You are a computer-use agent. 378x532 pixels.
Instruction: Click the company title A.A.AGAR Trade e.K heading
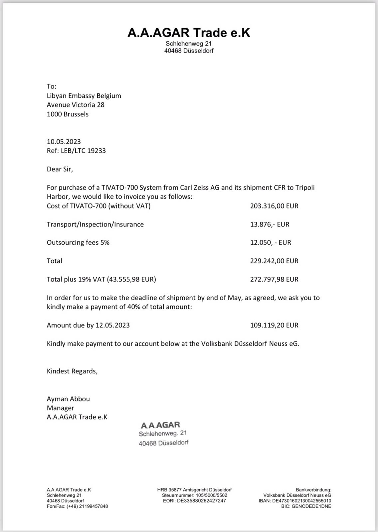click(x=189, y=33)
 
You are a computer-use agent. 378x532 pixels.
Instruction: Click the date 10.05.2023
click(x=64, y=141)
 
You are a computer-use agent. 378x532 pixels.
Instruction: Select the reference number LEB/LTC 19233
click(x=83, y=151)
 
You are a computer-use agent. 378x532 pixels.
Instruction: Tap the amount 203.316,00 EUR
click(x=274, y=206)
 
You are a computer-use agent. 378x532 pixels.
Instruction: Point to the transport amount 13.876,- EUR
click(x=270, y=224)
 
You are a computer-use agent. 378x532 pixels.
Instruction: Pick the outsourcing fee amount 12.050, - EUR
click(x=271, y=242)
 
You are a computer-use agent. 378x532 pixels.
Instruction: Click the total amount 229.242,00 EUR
click(x=274, y=261)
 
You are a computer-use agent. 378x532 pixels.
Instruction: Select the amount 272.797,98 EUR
click(x=274, y=279)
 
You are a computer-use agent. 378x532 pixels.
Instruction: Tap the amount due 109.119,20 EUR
click(x=274, y=325)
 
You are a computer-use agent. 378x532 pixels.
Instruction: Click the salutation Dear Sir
click(x=60, y=169)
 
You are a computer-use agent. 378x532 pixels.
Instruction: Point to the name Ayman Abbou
click(x=68, y=399)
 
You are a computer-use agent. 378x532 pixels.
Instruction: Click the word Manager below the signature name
click(x=60, y=408)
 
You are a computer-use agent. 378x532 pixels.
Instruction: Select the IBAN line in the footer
click(x=295, y=501)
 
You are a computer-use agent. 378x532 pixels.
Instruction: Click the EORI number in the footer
click(x=194, y=501)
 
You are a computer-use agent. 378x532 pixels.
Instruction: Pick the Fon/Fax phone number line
click(x=77, y=506)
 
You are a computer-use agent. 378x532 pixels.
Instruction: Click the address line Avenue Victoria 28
click(x=76, y=105)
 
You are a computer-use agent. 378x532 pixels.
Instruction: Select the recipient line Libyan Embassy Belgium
click(x=84, y=96)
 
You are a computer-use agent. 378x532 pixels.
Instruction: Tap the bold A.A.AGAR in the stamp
click(x=160, y=425)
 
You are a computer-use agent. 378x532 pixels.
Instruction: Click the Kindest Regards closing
click(x=72, y=371)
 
